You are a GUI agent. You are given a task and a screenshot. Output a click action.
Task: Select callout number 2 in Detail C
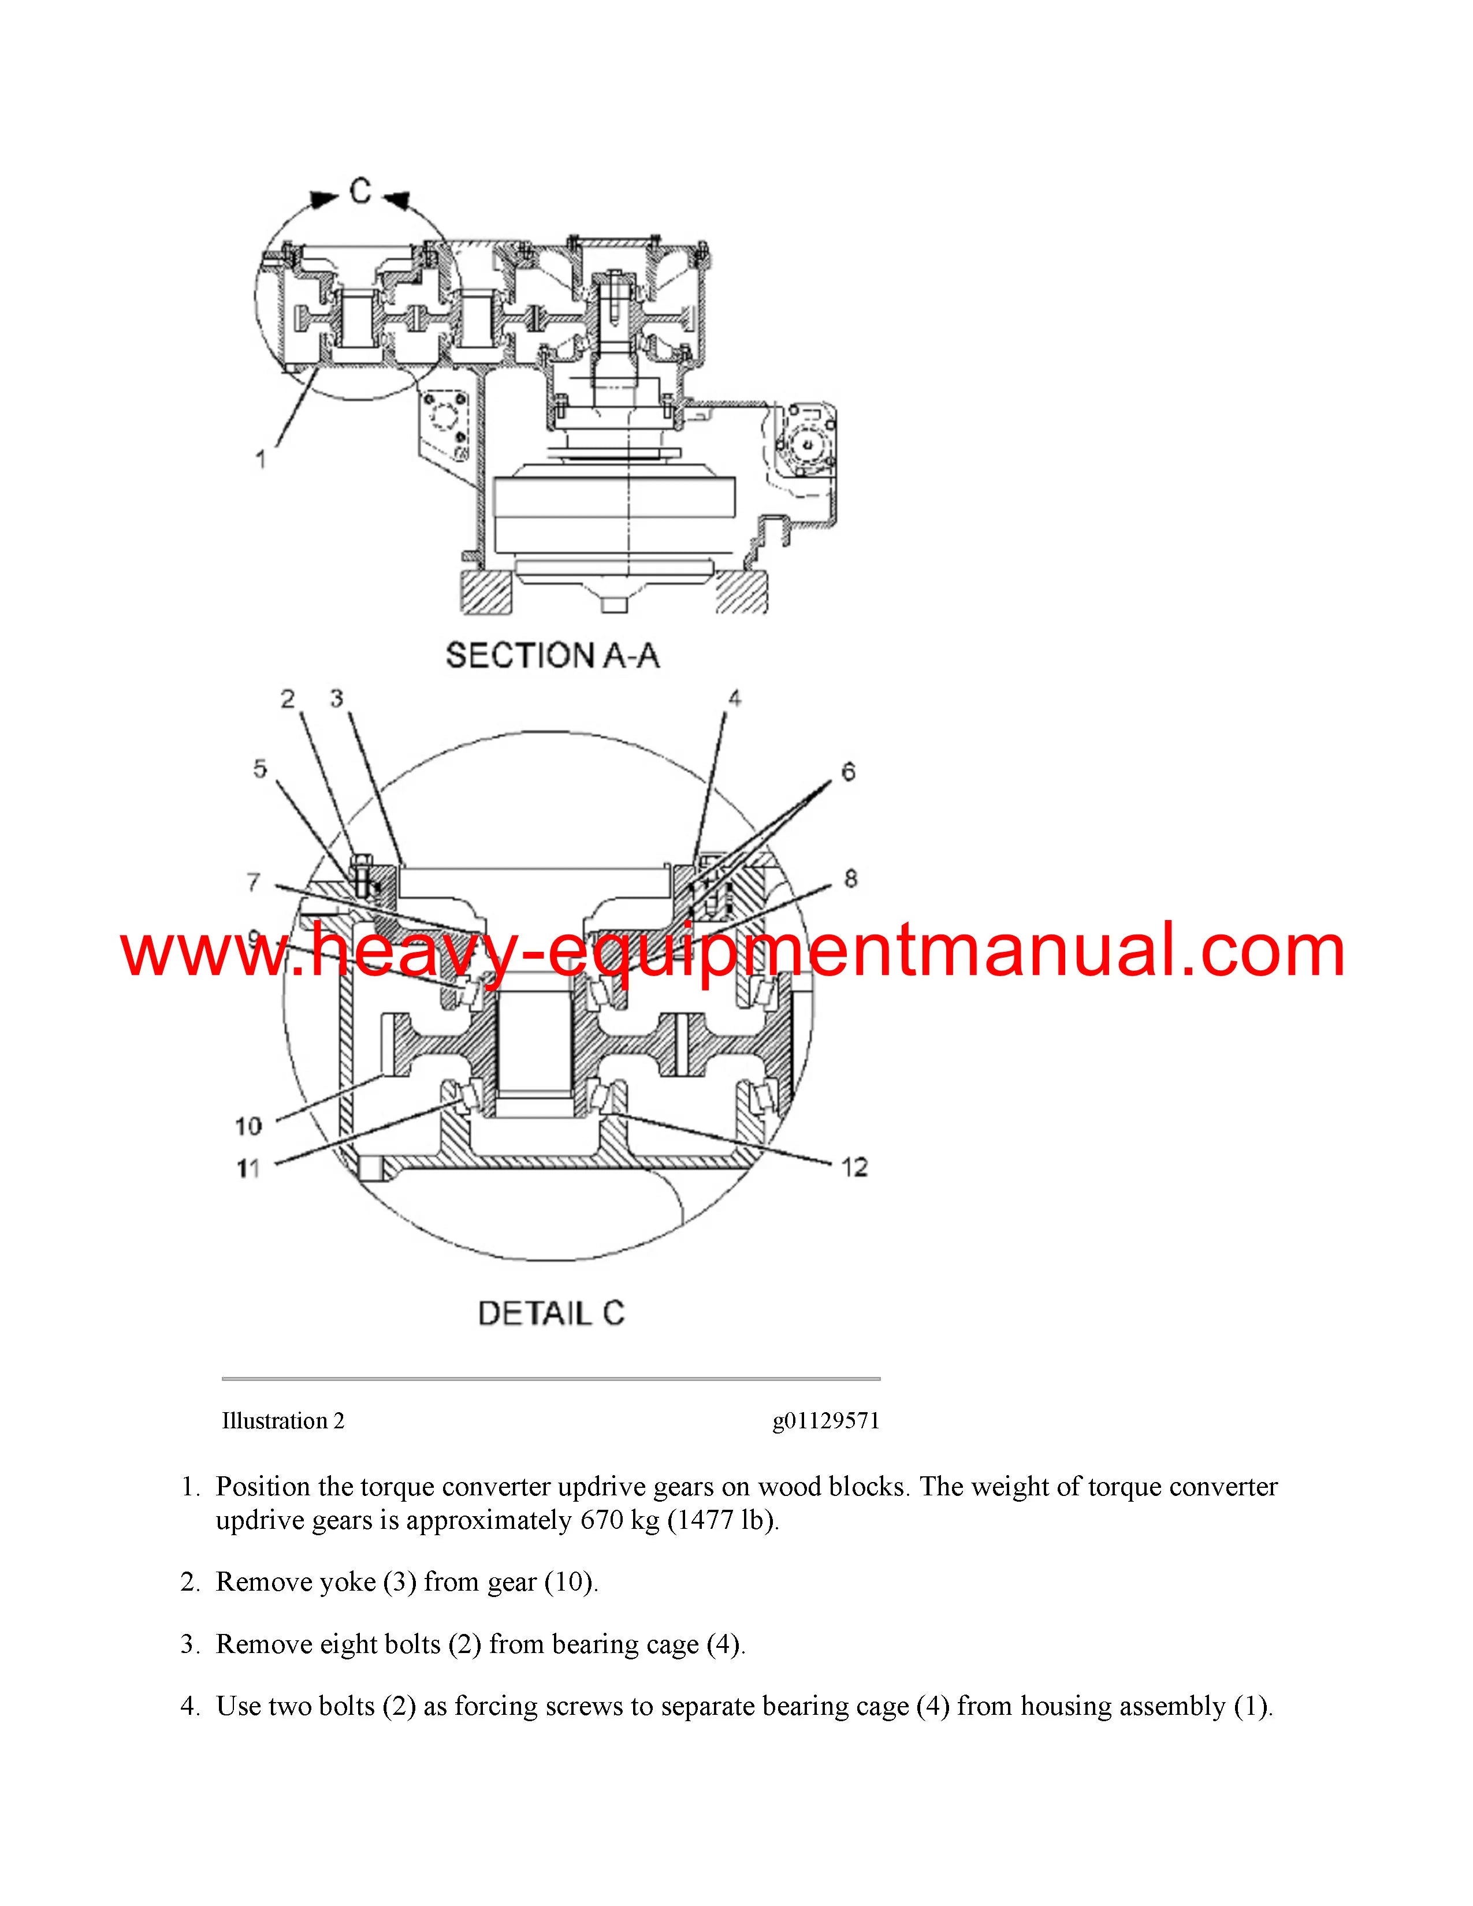(287, 698)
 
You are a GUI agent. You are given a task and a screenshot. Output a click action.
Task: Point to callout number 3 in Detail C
(337, 698)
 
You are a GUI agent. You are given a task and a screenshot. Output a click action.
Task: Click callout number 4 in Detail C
(735, 698)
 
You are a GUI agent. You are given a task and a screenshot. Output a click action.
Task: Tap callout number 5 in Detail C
(260, 769)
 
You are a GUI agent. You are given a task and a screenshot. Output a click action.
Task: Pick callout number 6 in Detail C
(847, 772)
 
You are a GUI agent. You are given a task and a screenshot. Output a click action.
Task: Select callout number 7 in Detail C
(253, 883)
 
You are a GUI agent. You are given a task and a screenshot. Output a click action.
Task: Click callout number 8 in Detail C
(851, 879)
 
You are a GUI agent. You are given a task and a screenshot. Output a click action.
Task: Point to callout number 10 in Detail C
(248, 1126)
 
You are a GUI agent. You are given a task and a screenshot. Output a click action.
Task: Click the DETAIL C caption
(552, 1313)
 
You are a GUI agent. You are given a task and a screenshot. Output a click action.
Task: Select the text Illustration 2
(282, 1421)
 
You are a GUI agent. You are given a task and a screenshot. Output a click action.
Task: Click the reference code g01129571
(825, 1421)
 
